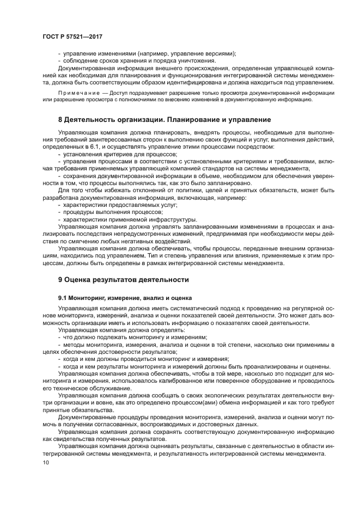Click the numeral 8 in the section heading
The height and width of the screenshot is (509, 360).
(x=60, y=119)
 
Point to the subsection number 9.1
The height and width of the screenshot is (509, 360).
(x=64, y=298)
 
